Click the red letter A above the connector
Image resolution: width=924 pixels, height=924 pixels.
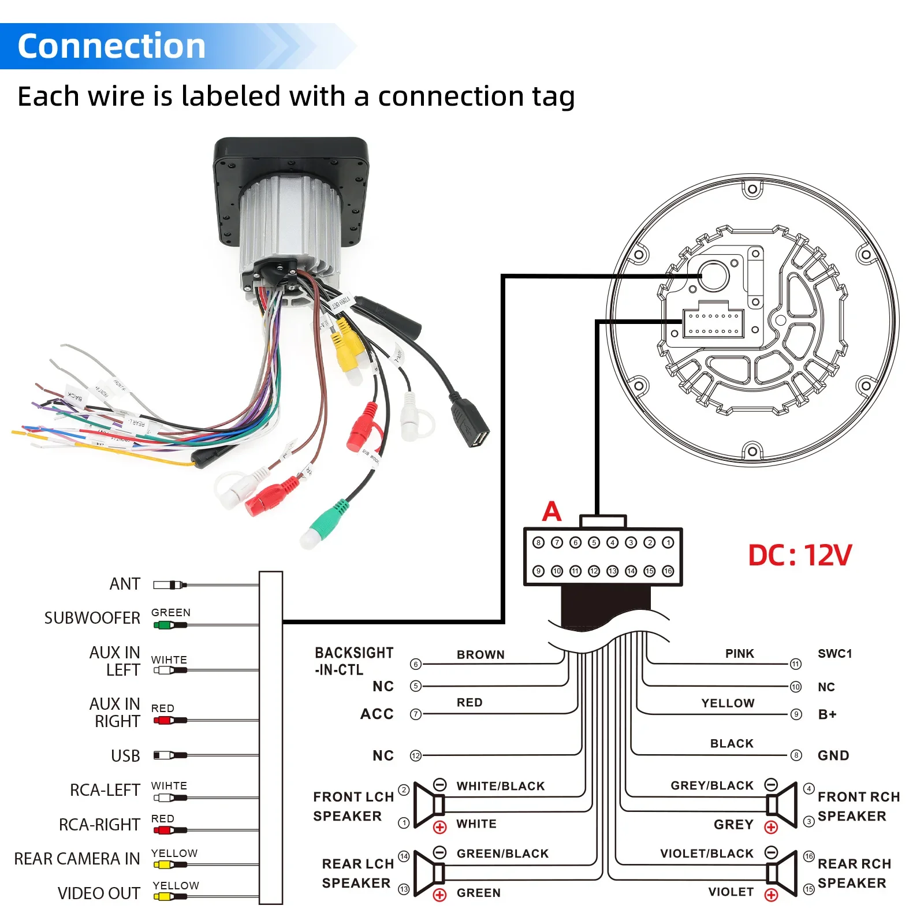tap(552, 511)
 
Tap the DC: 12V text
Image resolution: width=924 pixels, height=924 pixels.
tap(799, 556)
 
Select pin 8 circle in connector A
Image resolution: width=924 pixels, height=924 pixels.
tap(538, 542)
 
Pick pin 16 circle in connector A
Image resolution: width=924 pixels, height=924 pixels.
tap(668, 571)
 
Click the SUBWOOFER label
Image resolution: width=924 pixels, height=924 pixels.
tap(92, 618)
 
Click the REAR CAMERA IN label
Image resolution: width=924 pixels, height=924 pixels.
tap(77, 859)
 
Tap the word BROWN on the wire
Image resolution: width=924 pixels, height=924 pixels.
tap(480, 654)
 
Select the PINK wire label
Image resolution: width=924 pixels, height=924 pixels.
tap(739, 653)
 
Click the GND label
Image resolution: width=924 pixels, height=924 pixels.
tap(833, 755)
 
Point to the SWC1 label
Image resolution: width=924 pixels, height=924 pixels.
tap(834, 653)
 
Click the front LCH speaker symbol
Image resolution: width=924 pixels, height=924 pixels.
tap(429, 804)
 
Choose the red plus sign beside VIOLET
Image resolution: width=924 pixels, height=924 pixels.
tap(771, 895)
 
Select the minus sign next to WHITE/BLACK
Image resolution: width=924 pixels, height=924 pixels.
tap(440, 785)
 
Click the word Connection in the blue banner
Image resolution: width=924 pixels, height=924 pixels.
tap(111, 46)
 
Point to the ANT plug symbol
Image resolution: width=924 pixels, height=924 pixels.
tap(169, 585)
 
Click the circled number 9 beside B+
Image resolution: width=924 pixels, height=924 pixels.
tap(796, 714)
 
